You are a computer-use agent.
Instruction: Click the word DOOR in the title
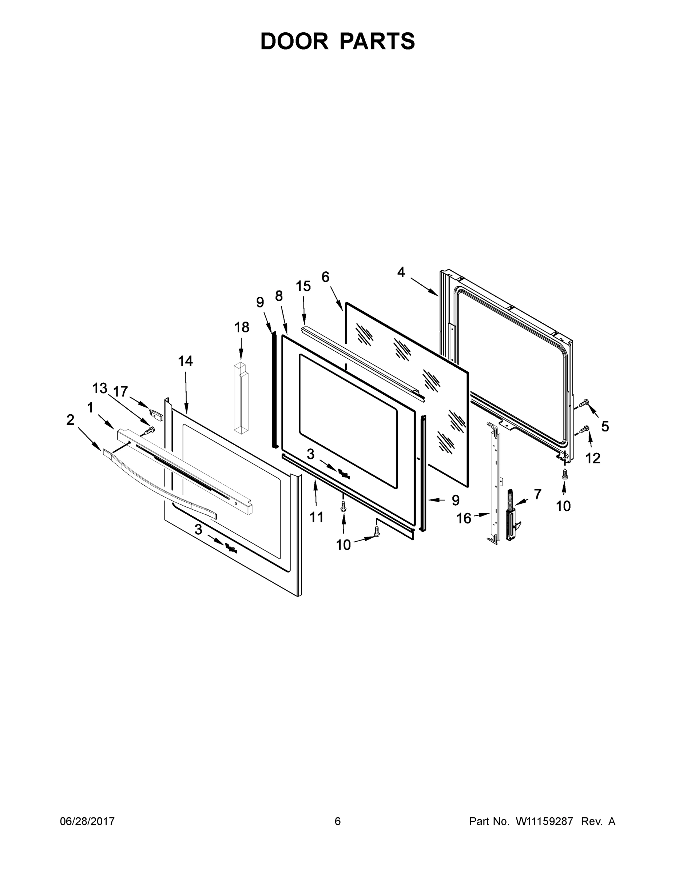[x=294, y=41]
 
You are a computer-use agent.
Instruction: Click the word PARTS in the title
[x=377, y=41]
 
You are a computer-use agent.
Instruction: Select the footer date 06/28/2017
[x=87, y=821]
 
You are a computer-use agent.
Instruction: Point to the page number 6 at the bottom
[x=338, y=821]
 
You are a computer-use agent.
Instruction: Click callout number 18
[x=242, y=327]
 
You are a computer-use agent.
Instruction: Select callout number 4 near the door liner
[x=401, y=272]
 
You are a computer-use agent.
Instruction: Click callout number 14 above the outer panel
[x=185, y=361]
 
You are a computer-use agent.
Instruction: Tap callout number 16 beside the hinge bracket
[x=464, y=518]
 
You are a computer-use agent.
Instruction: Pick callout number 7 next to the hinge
[x=537, y=494]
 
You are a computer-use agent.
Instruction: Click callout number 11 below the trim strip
[x=316, y=517]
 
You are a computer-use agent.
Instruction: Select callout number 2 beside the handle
[x=70, y=420]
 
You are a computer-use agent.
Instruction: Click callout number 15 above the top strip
[x=303, y=286]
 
